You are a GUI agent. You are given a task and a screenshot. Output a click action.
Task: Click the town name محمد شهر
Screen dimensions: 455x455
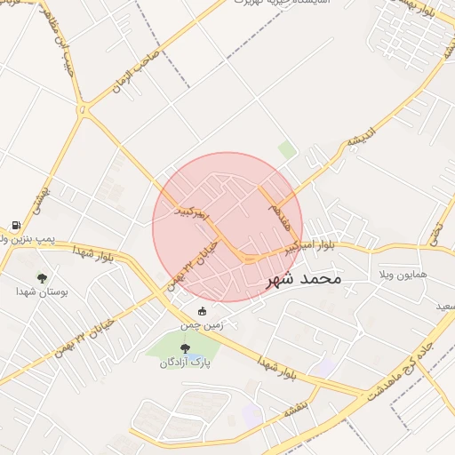pyautogui.click(x=303, y=278)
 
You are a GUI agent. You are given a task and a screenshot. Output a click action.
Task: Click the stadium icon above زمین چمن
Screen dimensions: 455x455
pyautogui.click(x=202, y=311)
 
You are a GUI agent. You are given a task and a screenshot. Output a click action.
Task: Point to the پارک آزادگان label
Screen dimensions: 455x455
pyautogui.click(x=184, y=363)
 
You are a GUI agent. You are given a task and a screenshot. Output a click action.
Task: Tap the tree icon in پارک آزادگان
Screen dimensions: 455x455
pyautogui.click(x=185, y=348)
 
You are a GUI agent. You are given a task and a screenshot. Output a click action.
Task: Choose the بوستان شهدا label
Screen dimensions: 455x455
pyautogui.click(x=42, y=291)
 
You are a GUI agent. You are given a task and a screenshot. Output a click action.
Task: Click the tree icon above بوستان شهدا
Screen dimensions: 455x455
pyautogui.click(x=42, y=277)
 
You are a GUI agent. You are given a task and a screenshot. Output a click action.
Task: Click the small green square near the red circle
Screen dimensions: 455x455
pyautogui.click(x=287, y=149)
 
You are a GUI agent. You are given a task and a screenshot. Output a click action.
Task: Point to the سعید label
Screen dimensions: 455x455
pyautogui.click(x=444, y=307)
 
